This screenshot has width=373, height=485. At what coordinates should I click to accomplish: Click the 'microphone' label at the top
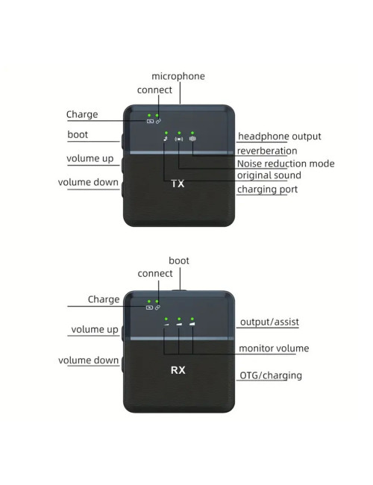tap(178, 76)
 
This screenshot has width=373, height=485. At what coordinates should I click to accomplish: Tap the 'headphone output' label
tap(280, 136)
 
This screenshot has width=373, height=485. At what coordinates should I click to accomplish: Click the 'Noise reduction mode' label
tap(286, 163)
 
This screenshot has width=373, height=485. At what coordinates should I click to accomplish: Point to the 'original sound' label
tap(269, 175)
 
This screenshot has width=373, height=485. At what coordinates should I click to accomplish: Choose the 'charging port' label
tap(268, 190)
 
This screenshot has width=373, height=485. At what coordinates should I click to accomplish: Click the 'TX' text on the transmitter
tap(178, 184)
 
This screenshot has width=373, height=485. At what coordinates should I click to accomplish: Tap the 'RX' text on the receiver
tap(178, 369)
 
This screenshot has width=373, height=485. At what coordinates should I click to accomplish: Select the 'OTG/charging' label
tap(271, 375)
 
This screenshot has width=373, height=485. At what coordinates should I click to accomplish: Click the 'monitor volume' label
tap(274, 348)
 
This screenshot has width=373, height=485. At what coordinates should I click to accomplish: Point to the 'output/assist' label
tap(269, 322)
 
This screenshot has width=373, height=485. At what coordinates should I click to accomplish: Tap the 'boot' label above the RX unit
tap(179, 260)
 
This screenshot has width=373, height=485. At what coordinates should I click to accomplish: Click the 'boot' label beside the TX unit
tap(78, 135)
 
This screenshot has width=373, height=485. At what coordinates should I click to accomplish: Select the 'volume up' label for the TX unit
tap(90, 159)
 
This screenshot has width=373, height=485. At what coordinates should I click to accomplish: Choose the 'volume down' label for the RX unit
tap(89, 360)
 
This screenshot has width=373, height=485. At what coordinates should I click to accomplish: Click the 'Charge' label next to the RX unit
tap(104, 299)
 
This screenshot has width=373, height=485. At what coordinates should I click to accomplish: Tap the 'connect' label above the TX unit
tap(154, 90)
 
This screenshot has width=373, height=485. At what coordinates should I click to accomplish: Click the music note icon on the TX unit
tap(165, 139)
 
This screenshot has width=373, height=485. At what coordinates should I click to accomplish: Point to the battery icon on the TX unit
tap(149, 122)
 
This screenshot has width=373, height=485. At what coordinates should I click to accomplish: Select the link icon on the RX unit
tap(157, 307)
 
